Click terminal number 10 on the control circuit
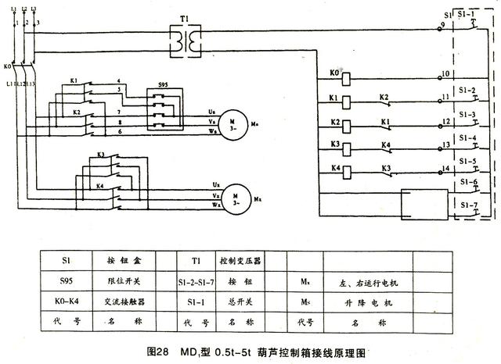click(x=445, y=75)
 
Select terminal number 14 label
click(x=445, y=169)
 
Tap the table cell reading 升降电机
click(x=367, y=300)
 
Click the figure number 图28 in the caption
click(x=157, y=352)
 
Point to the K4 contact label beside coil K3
click(x=385, y=145)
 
